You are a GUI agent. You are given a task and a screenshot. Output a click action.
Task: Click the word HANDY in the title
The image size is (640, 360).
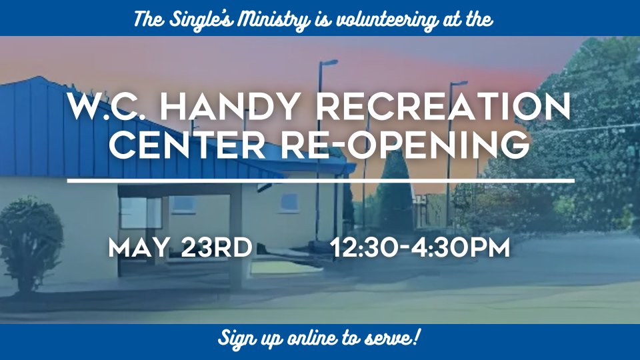point(228,106)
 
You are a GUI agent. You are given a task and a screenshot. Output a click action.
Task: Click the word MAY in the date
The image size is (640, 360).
point(139,247)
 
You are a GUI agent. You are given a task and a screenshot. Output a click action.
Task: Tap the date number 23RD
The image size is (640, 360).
point(216,247)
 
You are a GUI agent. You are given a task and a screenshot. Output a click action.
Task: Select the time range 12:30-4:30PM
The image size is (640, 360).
point(421,247)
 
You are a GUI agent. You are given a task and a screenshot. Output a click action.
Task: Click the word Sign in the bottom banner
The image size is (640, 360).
point(235,339)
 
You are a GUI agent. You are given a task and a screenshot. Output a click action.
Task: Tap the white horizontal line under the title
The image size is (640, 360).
point(321,180)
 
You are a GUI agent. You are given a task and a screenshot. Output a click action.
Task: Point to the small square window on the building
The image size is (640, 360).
point(289,203)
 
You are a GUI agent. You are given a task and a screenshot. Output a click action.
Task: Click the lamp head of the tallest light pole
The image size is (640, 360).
point(329,63)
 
